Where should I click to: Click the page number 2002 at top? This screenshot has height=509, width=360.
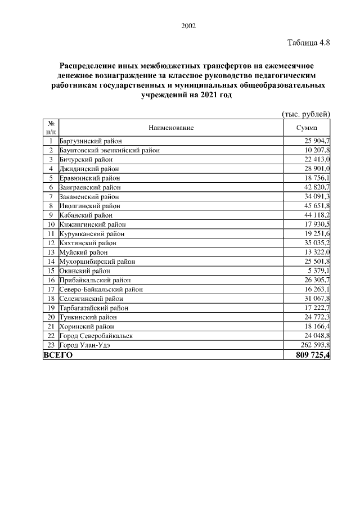point(189,26)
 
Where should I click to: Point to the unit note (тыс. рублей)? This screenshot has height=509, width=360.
point(305,114)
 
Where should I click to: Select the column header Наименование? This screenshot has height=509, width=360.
point(171,128)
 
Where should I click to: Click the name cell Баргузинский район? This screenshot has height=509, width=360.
point(91,141)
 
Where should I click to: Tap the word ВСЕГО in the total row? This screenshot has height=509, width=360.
point(58,355)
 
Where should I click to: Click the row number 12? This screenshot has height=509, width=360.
point(51,243)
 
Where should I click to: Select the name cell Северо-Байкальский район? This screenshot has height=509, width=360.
point(101,289)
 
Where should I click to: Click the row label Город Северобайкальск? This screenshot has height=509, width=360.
point(96,336)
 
